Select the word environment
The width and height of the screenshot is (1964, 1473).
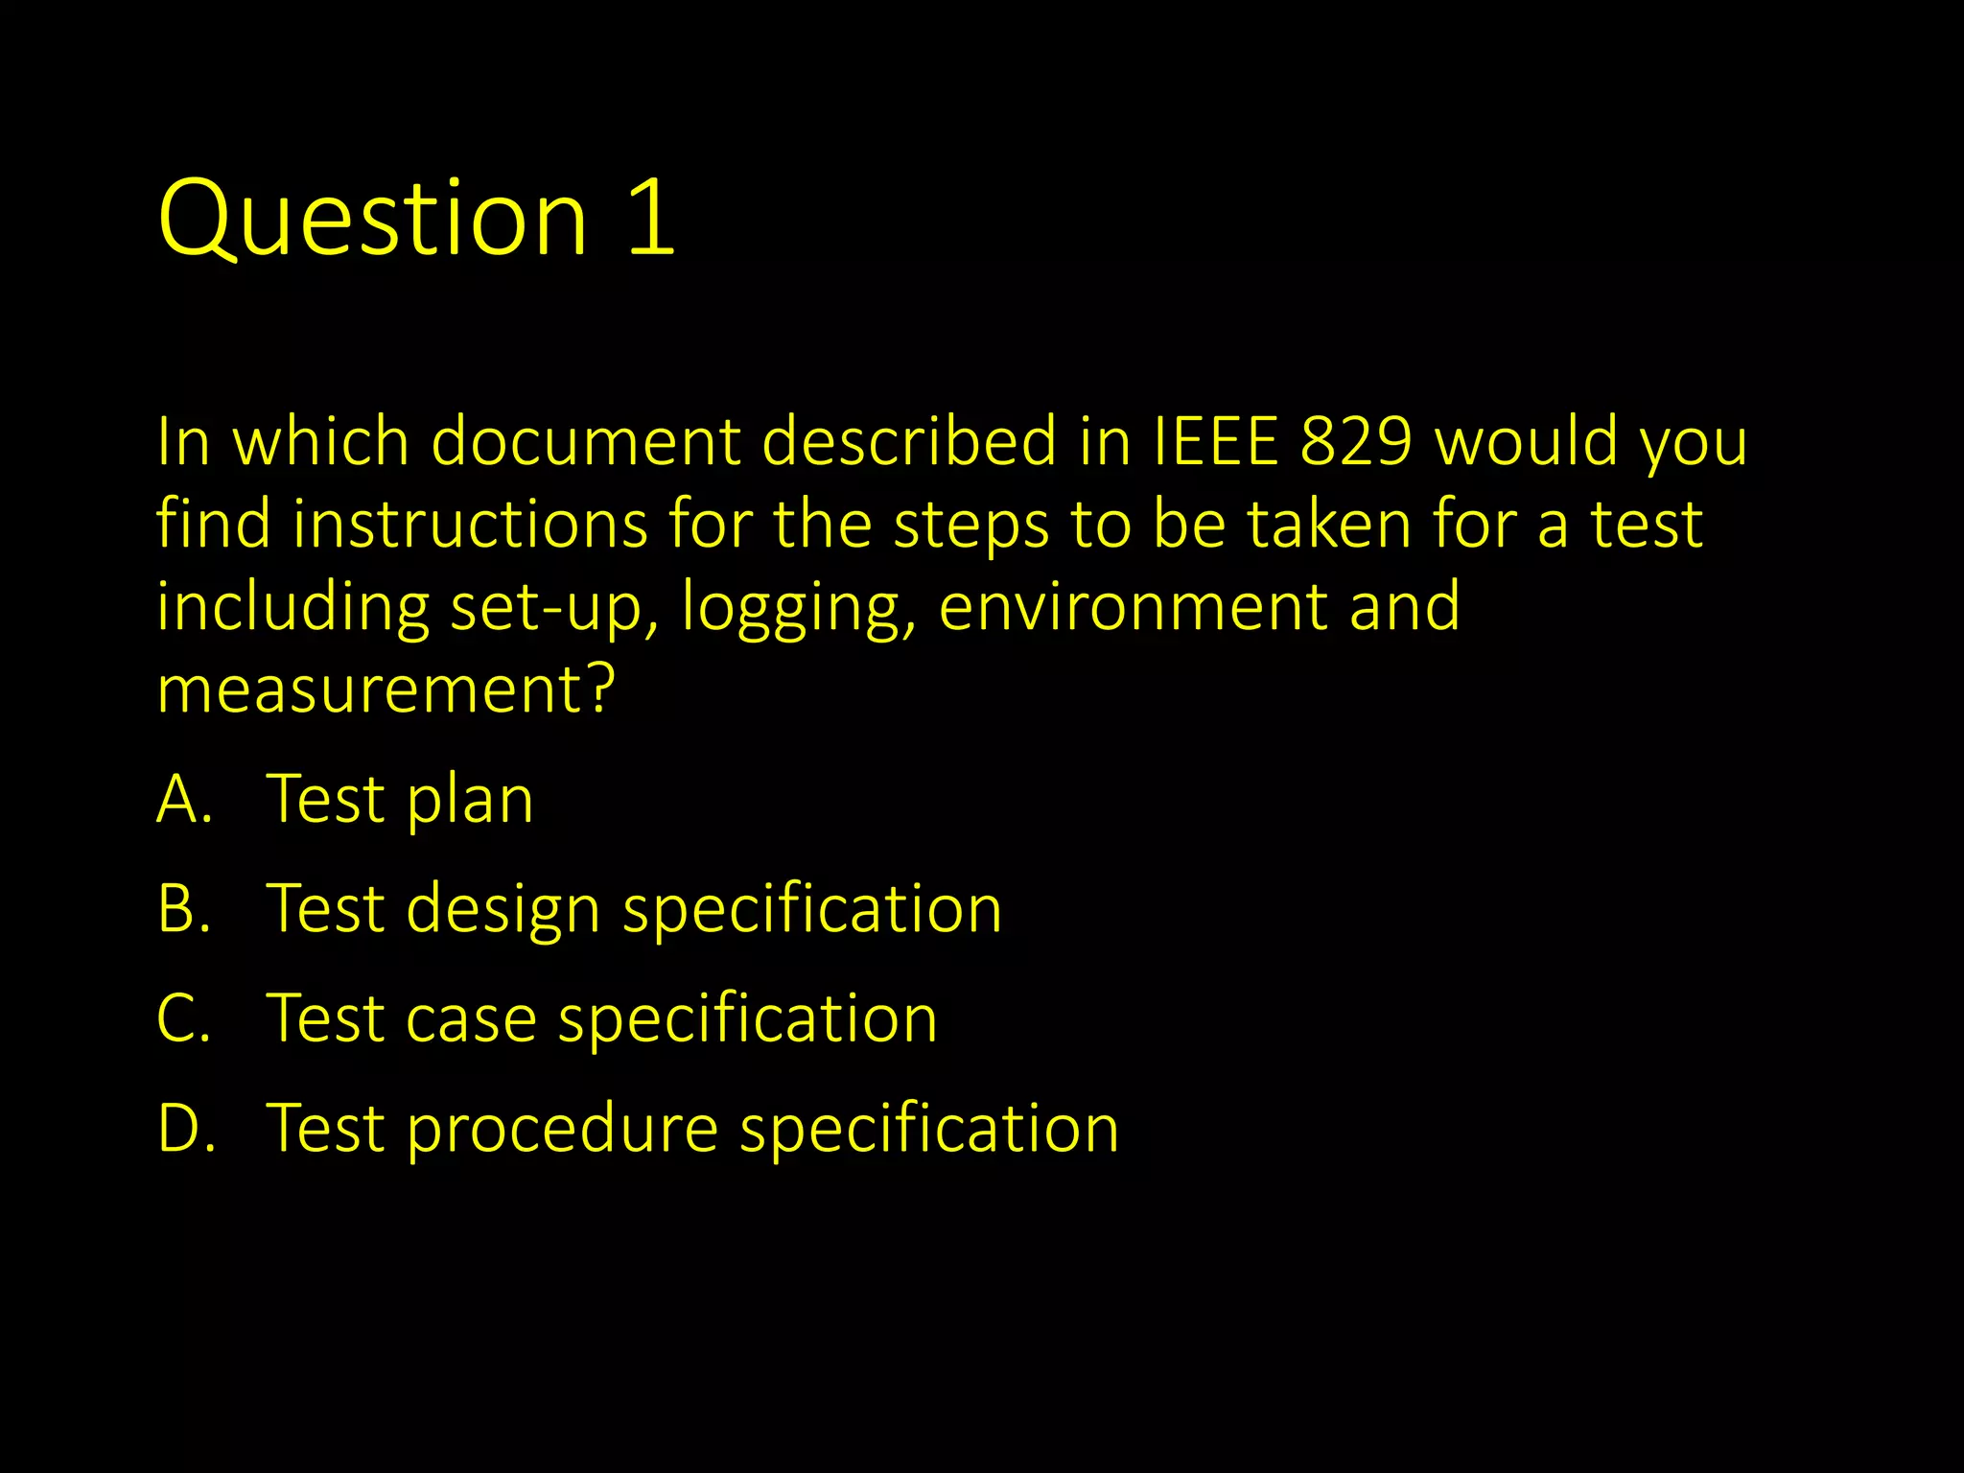(x=1132, y=608)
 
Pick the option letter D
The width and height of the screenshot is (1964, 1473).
(x=182, y=1128)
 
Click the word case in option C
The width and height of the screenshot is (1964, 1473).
(x=470, y=1018)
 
